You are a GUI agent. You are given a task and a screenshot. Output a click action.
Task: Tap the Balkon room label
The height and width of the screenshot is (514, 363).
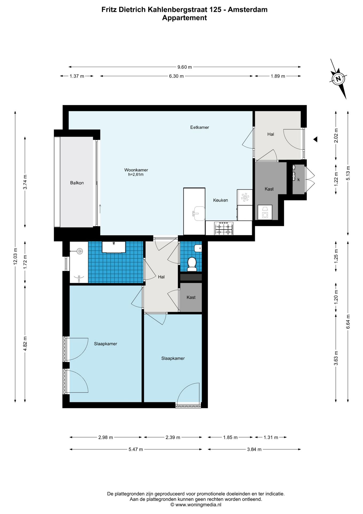tap(77, 183)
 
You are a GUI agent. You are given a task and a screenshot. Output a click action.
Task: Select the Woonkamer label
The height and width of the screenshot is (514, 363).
tap(136, 170)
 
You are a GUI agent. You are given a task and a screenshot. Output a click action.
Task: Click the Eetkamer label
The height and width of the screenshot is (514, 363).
tap(200, 127)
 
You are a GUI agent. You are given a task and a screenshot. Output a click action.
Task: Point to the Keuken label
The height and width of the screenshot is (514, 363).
tap(221, 200)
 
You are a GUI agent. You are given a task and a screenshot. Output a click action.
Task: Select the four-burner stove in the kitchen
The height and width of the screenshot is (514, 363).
tap(224, 228)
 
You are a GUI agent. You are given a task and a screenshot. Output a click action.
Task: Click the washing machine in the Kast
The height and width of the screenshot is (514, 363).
tap(265, 212)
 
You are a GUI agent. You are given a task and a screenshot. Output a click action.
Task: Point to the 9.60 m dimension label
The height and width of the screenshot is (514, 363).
tap(185, 67)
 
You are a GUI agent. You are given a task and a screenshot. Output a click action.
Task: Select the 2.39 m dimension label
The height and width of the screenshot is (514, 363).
tap(173, 437)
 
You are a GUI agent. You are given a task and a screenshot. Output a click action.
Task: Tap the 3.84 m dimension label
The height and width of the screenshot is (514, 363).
tap(254, 449)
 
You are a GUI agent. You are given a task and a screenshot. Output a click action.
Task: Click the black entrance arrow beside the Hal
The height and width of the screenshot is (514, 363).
tap(315, 139)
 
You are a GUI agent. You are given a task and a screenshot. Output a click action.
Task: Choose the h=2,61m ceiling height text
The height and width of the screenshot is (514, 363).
tap(136, 175)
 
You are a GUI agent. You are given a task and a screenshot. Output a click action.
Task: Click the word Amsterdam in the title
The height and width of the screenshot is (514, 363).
tap(248, 10)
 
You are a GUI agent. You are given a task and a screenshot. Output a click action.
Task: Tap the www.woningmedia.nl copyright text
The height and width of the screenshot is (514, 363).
tap(196, 505)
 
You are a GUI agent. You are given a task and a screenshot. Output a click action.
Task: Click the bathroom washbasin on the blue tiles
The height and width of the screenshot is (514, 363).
tap(114, 247)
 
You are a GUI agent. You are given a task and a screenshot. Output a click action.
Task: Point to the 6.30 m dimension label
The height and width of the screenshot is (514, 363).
tap(176, 76)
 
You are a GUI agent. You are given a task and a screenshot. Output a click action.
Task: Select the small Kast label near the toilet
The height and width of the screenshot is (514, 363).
tap(191, 297)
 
